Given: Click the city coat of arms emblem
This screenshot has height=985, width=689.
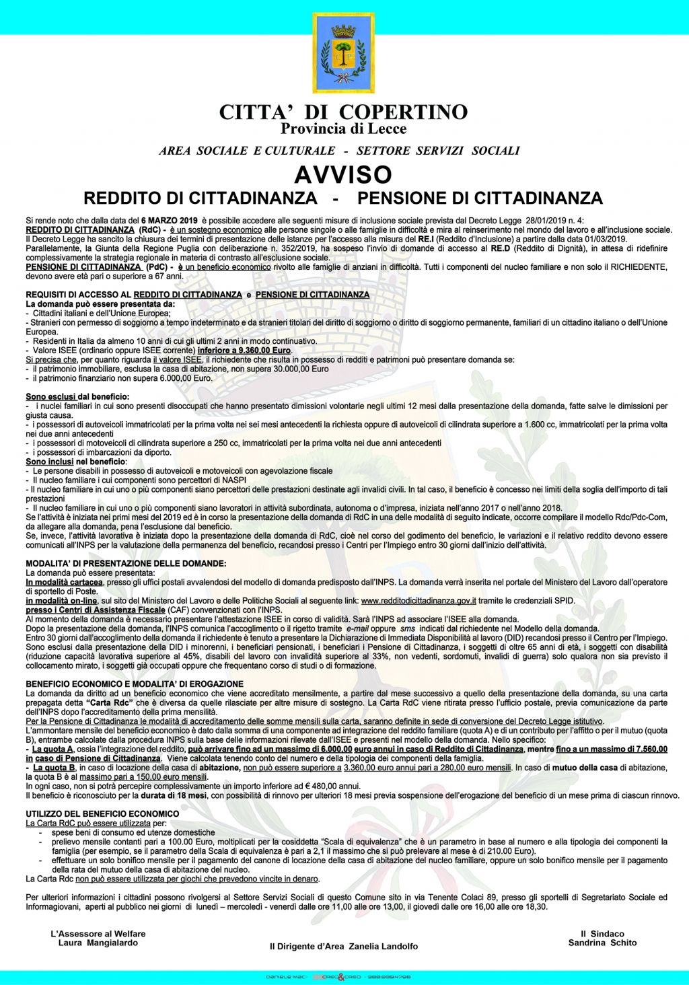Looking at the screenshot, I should [x=343, y=52].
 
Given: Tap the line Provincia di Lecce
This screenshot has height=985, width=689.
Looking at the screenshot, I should [x=343, y=129].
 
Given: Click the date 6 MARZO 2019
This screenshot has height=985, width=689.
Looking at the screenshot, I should [x=169, y=221].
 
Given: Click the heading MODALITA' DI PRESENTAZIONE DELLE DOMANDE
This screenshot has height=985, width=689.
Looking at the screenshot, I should [x=126, y=563].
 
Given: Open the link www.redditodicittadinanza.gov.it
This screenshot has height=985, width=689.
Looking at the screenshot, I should [x=419, y=601].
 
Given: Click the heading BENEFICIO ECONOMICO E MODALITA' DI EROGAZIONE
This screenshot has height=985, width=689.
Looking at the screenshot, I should [x=135, y=684].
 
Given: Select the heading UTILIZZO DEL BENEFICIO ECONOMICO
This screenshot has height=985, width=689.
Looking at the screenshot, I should [x=102, y=814].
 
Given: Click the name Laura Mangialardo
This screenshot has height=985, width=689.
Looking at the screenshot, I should [x=98, y=943].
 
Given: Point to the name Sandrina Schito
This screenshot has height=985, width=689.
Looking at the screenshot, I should [x=602, y=943].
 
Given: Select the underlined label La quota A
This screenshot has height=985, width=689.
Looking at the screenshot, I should [x=52, y=749].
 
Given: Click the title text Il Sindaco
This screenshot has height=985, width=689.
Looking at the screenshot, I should [x=602, y=933].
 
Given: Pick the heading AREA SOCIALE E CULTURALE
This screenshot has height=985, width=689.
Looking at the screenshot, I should [x=247, y=151].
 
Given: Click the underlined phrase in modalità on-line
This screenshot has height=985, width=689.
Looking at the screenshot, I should [x=61, y=601].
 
